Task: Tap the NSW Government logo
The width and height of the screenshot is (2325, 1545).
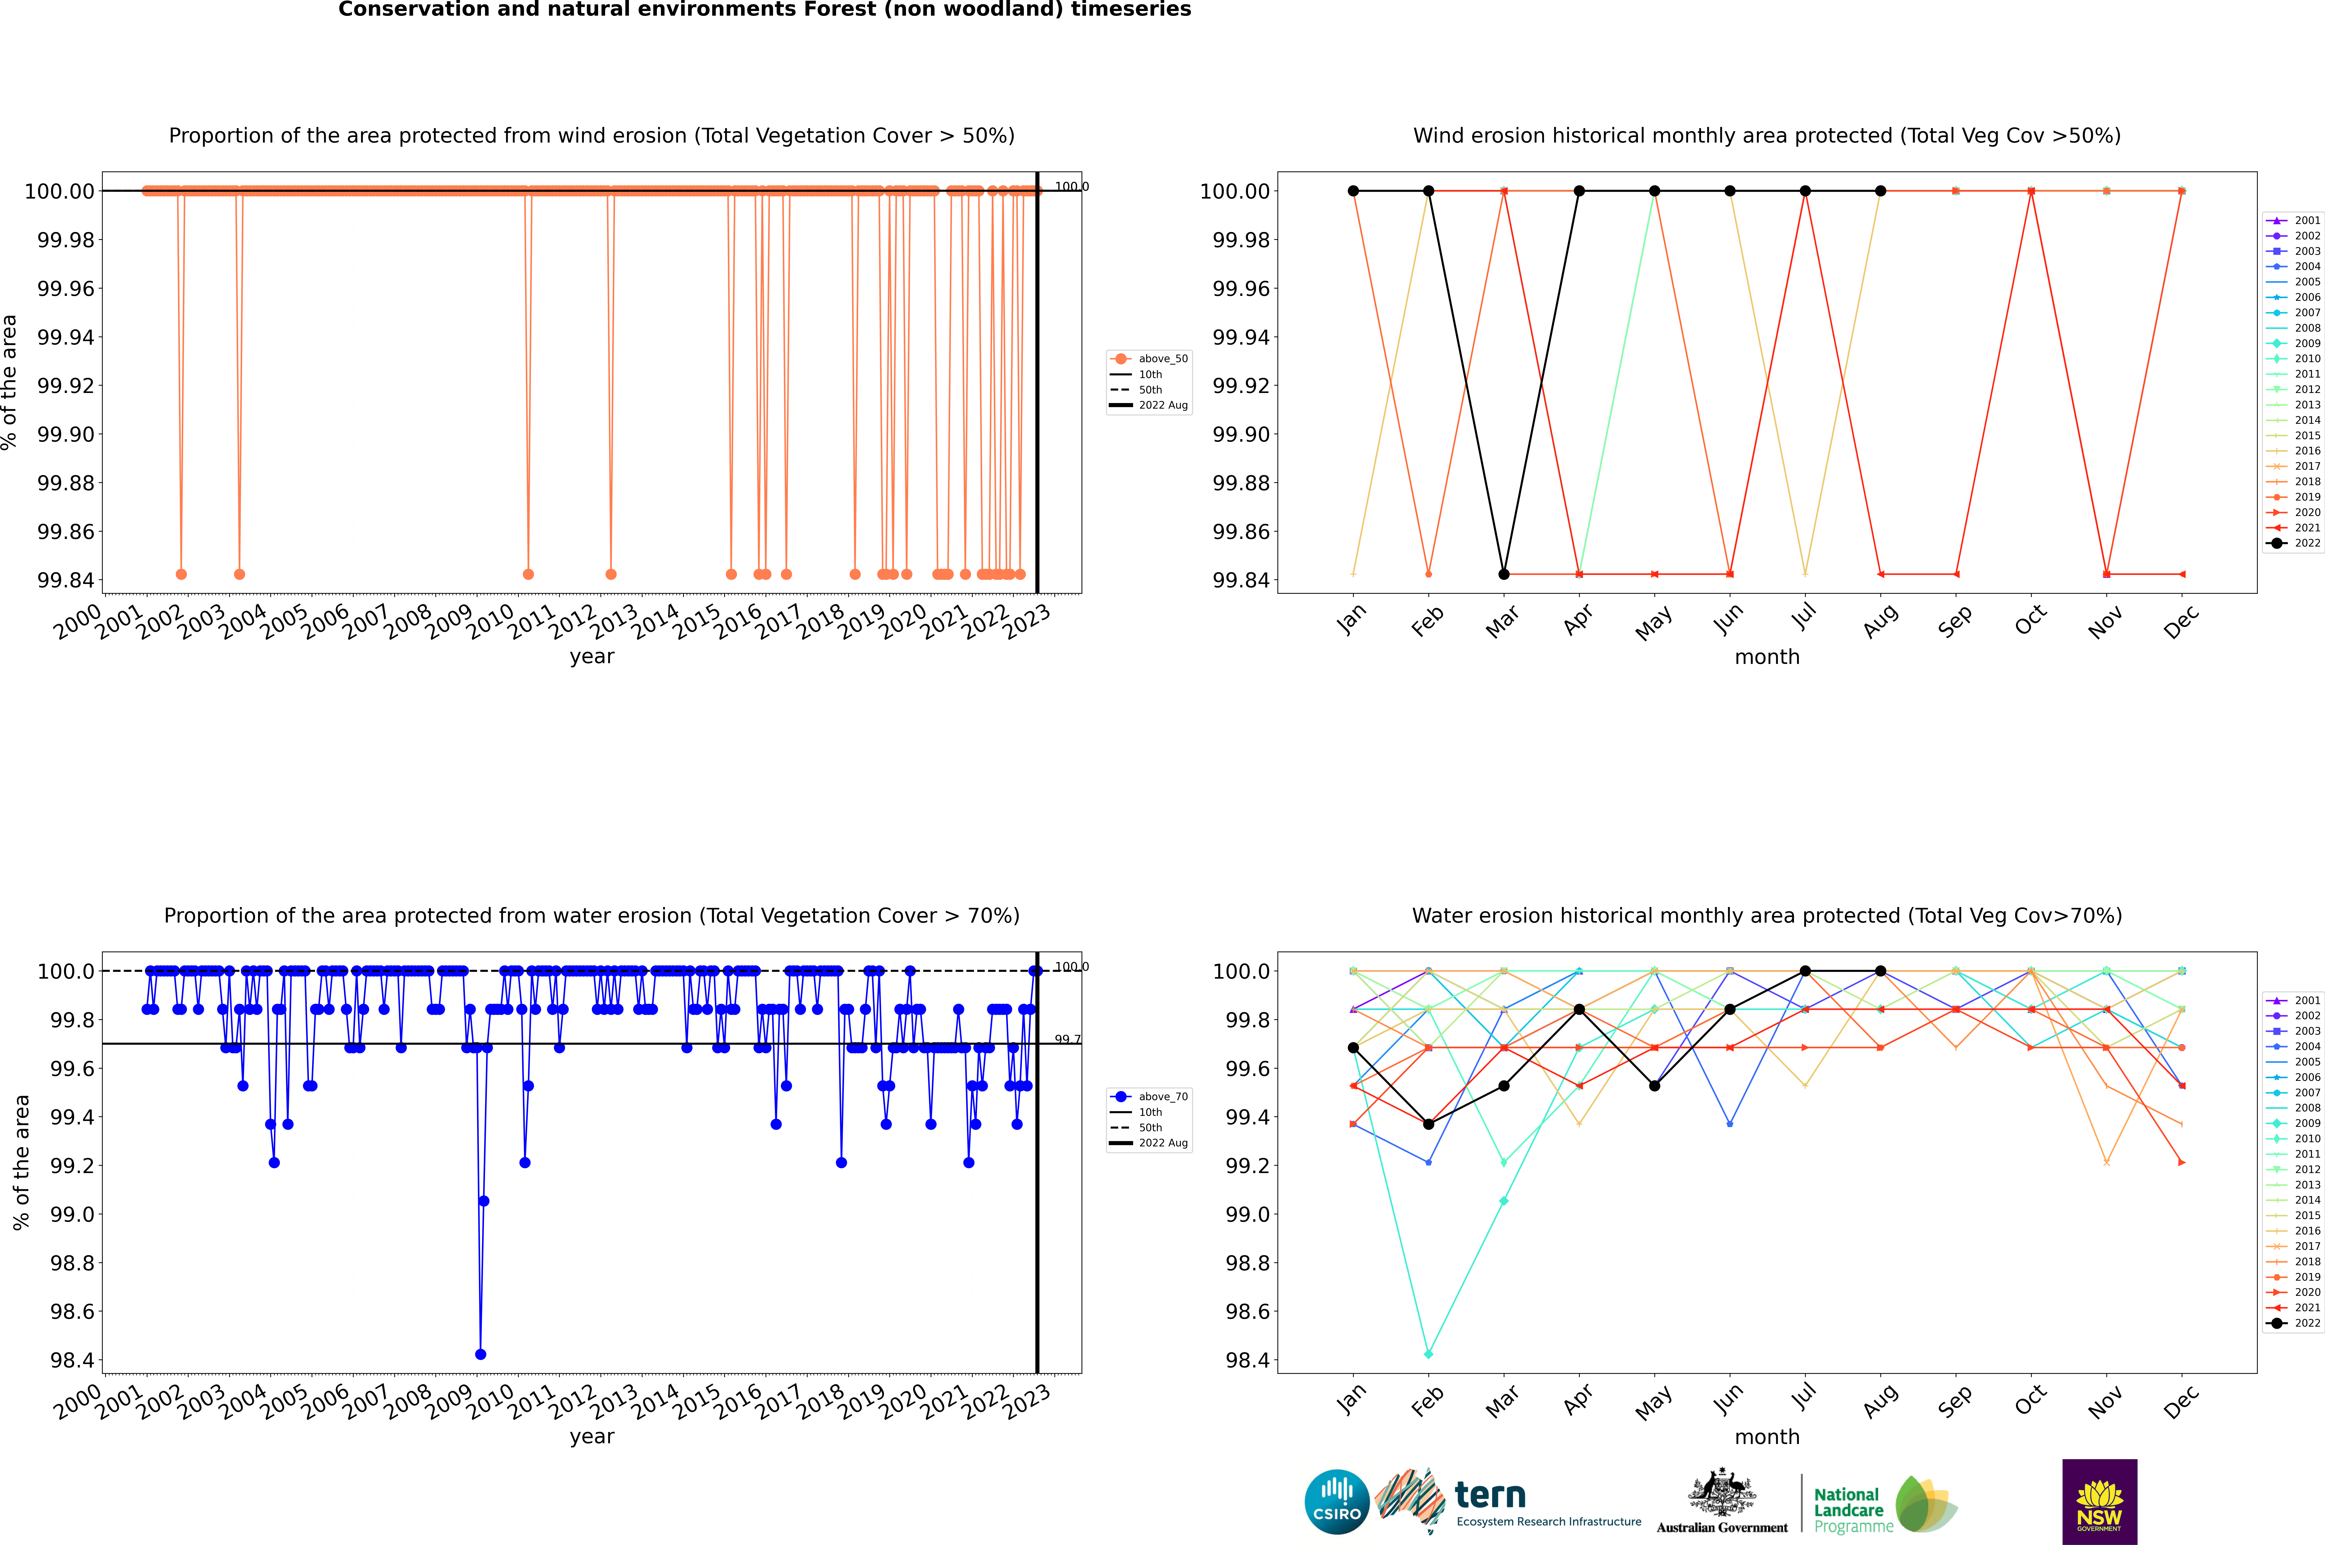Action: pyautogui.click(x=2099, y=1502)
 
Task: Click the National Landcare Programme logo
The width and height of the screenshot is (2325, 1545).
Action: pyautogui.click(x=1885, y=1505)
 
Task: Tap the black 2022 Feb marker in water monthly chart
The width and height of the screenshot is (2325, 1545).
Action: pyautogui.click(x=1428, y=1124)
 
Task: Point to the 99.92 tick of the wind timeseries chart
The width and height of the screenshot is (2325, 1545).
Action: pyautogui.click(x=66, y=385)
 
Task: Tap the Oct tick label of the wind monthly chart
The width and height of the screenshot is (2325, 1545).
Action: pyautogui.click(x=2029, y=621)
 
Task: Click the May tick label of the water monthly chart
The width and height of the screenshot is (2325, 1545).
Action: pyautogui.click(x=1653, y=1402)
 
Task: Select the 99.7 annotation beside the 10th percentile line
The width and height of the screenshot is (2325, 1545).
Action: pyautogui.click(x=1067, y=1040)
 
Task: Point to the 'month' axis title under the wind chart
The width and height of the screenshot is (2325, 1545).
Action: pyautogui.click(x=1766, y=657)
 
